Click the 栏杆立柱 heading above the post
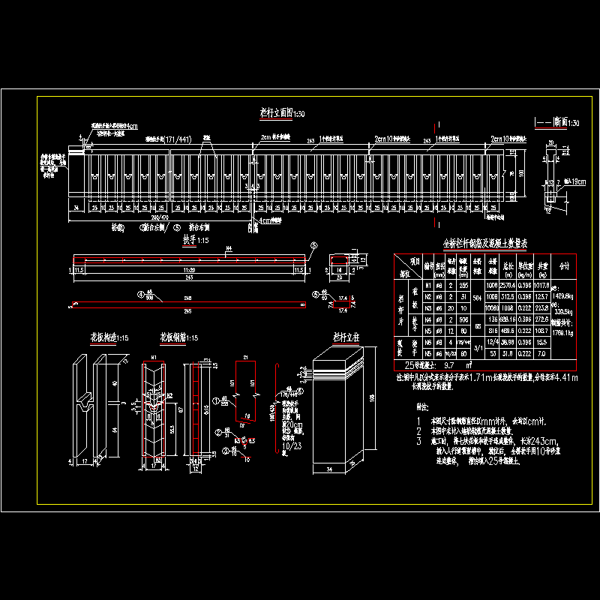(343, 337)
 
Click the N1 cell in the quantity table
(428, 286)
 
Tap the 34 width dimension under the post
(331, 470)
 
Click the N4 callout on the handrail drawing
(228, 248)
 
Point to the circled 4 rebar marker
(139, 295)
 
